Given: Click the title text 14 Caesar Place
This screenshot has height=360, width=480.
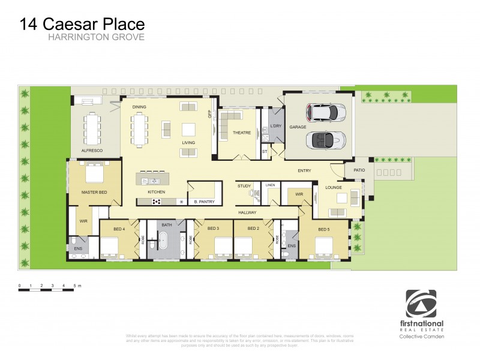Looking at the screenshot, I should (82, 24).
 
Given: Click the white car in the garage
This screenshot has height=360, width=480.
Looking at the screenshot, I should (325, 112).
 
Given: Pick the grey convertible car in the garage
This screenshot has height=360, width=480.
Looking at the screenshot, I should (325, 140).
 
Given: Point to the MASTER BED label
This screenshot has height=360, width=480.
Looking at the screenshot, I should (94, 191).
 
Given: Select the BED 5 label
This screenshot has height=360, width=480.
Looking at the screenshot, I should (324, 230).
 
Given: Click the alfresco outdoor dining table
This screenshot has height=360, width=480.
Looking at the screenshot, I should (92, 128).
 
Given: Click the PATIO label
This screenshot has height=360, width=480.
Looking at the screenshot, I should (359, 170).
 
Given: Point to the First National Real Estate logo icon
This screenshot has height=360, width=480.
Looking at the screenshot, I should (421, 304).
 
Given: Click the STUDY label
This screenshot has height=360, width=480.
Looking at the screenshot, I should (244, 185).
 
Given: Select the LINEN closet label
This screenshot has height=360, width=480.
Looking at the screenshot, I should (271, 185).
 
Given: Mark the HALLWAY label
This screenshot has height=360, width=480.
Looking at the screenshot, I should (247, 212).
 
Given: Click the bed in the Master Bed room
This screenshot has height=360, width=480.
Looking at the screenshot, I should (95, 173).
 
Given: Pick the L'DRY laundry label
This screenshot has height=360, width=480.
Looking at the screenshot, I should (275, 125).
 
